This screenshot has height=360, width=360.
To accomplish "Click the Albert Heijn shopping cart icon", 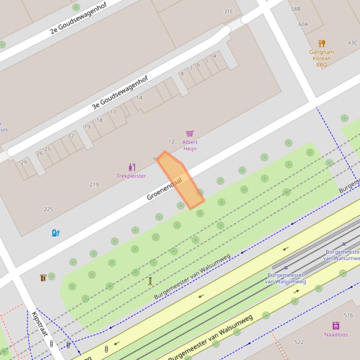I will [x=190, y=134].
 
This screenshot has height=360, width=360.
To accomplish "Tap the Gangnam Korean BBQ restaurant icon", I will [x=322, y=44].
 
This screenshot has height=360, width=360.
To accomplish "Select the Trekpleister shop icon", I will [x=132, y=167].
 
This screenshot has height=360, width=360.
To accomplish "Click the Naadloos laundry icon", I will [x=336, y=326].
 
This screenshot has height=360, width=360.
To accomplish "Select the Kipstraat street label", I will [x=40, y=324].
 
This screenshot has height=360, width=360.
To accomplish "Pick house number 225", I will [x=48, y=209].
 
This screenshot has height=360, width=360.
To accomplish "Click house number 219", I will [x=94, y=185].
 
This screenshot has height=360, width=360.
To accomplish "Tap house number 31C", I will [x=228, y=12].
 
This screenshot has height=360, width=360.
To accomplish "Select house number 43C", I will [x=353, y=43].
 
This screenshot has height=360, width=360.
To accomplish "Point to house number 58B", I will [x=295, y=9].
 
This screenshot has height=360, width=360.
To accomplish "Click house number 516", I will [x=348, y=316].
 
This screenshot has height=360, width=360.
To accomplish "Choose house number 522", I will [x=299, y=342].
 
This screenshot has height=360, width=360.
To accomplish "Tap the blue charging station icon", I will [x=56, y=233].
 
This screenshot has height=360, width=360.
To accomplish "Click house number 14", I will [x=139, y=98].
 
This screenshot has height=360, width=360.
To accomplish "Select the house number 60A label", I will [x=303, y=24].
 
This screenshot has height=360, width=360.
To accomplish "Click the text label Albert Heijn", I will [x=190, y=145].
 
